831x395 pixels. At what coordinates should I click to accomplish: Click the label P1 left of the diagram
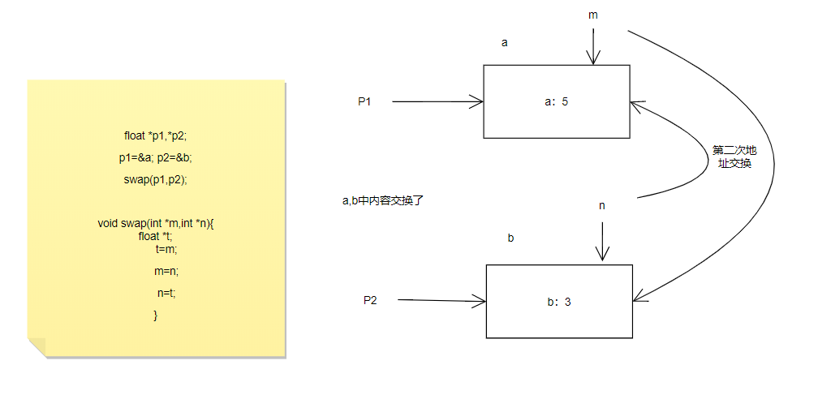(364, 101)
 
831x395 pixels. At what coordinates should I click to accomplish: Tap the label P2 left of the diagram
(370, 299)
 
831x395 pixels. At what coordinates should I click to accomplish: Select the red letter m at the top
(593, 15)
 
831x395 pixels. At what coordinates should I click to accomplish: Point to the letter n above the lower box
(602, 205)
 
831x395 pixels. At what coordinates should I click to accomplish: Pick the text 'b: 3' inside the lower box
(559, 302)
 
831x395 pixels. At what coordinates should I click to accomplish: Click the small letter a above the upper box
(505, 42)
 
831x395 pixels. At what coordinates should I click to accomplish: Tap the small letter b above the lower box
(510, 238)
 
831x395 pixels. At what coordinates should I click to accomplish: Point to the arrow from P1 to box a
(438, 101)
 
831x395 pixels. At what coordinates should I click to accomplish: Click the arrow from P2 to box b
(442, 300)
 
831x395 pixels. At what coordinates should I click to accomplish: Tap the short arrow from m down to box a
(594, 46)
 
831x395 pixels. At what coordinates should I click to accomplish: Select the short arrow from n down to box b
(602, 241)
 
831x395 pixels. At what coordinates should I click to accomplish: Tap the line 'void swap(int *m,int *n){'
(156, 224)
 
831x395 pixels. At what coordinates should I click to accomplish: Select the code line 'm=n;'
(166, 271)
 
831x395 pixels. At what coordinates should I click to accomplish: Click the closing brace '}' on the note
(155, 314)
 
